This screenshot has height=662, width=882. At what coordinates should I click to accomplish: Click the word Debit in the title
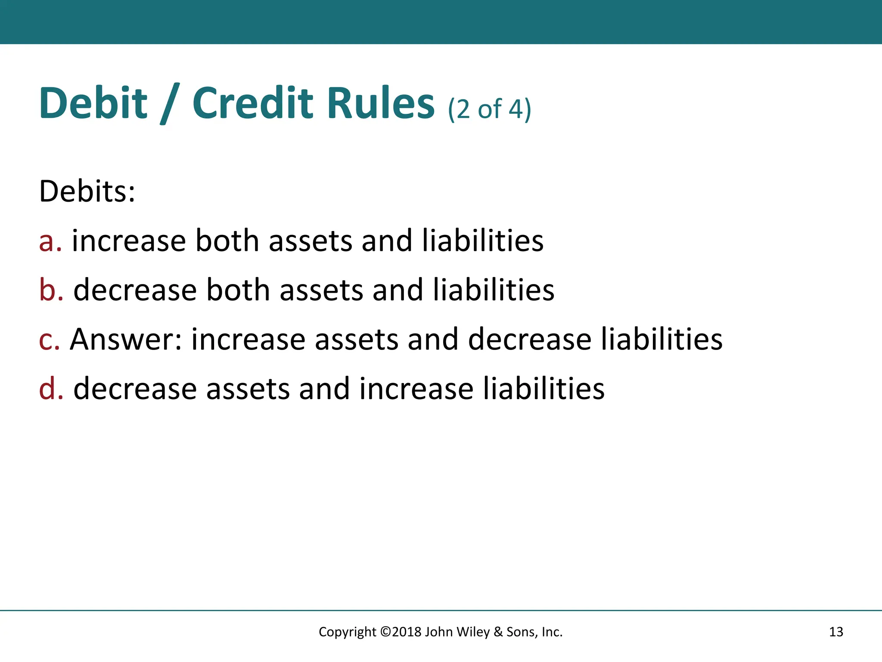coord(93,103)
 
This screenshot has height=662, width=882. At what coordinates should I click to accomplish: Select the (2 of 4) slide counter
coord(489,109)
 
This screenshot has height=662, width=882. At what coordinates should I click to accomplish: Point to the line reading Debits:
coord(87,191)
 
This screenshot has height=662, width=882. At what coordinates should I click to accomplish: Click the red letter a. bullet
coord(50,241)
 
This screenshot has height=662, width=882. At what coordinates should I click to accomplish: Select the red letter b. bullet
coord(51,290)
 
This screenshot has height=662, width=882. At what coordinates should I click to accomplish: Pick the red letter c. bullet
coord(49,340)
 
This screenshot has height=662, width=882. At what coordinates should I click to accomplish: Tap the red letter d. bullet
coord(51,389)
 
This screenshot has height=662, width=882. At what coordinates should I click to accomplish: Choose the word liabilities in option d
coord(543,389)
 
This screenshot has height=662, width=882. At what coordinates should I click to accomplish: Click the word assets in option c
coord(357,340)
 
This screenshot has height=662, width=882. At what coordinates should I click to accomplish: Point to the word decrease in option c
coord(530,339)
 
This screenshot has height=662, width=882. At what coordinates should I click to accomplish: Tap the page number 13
coord(836,632)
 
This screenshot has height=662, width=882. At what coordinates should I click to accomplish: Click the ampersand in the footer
coord(498,632)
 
